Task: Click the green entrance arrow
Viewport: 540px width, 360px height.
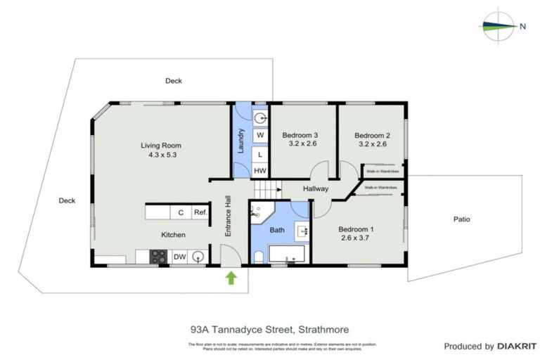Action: tap(230, 279)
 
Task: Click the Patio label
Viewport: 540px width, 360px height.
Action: tap(461, 219)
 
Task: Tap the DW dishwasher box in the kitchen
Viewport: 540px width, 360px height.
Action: tap(179, 257)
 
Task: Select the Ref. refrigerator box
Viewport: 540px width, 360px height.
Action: tap(200, 212)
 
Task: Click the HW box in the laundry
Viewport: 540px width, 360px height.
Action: tap(259, 170)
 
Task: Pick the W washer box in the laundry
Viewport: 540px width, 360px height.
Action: tap(259, 134)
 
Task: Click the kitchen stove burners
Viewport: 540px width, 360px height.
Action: tap(158, 257)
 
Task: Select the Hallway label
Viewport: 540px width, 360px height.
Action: tap(316, 189)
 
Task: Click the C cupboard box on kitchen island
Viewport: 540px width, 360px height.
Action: tap(180, 212)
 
